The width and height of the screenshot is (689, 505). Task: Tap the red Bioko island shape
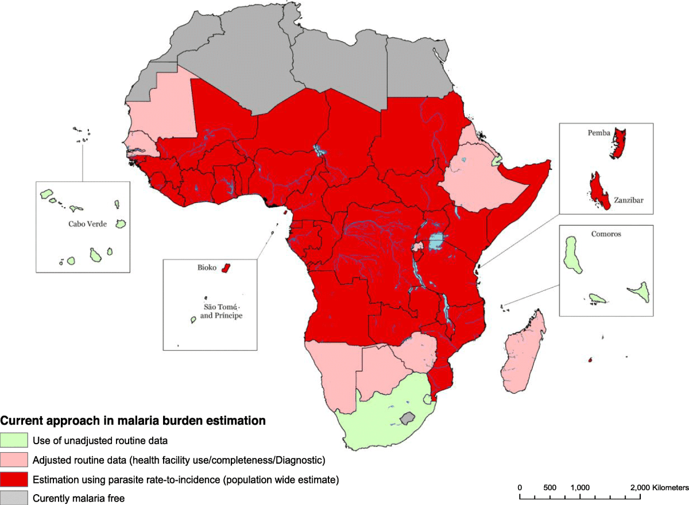tap(226, 268)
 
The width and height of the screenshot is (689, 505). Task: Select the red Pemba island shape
tap(619, 143)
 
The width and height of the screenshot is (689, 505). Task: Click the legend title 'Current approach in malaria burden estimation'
tap(133, 421)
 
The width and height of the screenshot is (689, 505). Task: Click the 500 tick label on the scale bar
tap(549, 487)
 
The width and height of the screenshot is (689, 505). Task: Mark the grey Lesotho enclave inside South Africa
tap(408, 418)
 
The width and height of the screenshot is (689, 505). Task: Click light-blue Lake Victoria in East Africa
tap(438, 240)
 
